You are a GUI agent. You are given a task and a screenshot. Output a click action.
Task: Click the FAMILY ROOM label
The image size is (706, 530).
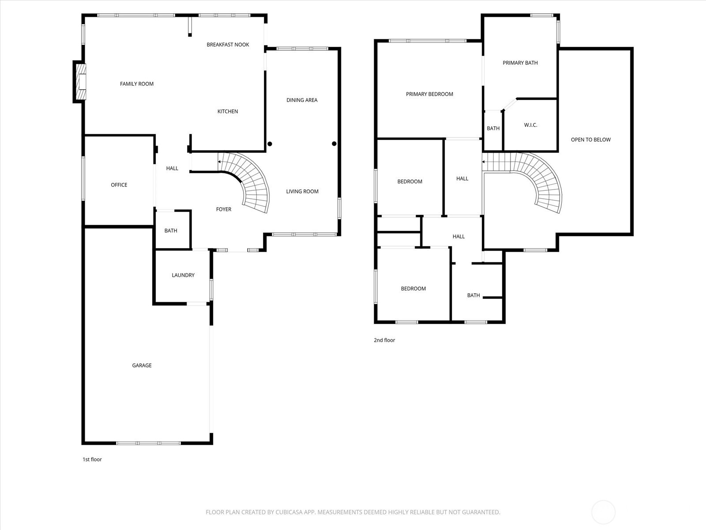pyautogui.click(x=137, y=84)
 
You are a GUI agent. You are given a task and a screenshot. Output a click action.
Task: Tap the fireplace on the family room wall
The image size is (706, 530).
pyautogui.click(x=80, y=82)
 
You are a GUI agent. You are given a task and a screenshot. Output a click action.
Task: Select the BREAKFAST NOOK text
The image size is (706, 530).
pyautogui.click(x=228, y=45)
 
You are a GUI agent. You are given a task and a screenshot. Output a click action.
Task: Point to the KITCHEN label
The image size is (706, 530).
pyautogui.click(x=228, y=111)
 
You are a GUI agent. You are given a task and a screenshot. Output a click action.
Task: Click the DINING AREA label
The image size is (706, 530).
pyautogui.click(x=302, y=100)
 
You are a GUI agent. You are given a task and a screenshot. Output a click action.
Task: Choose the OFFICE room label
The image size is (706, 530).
pyautogui.click(x=119, y=185)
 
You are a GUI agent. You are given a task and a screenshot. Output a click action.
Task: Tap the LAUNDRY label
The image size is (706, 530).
pyautogui.click(x=183, y=275)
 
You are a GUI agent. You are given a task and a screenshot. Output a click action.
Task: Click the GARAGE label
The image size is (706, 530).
pyautogui.click(x=142, y=365)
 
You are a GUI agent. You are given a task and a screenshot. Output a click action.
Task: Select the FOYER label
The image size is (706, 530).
pyautogui.click(x=224, y=209)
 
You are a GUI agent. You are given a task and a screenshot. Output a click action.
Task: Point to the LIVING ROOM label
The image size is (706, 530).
pyautogui.click(x=302, y=192)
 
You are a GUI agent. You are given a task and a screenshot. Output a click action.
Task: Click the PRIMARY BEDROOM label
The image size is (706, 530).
pyautogui.click(x=429, y=94)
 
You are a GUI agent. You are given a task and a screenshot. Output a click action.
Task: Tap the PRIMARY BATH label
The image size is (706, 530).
pyautogui.click(x=520, y=63)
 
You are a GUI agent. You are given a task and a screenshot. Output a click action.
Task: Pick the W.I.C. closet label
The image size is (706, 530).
pyautogui.click(x=531, y=125)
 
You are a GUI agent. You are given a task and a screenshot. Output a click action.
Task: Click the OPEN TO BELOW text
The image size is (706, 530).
pyautogui.click(x=590, y=140)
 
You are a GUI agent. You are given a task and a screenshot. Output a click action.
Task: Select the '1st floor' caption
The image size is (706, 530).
pyautogui.click(x=92, y=459)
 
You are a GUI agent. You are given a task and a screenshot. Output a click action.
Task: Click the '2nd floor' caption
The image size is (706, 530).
pyautogui.click(x=384, y=340)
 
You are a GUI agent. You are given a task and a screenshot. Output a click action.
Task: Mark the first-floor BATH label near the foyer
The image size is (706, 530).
pyautogui.click(x=171, y=231)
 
